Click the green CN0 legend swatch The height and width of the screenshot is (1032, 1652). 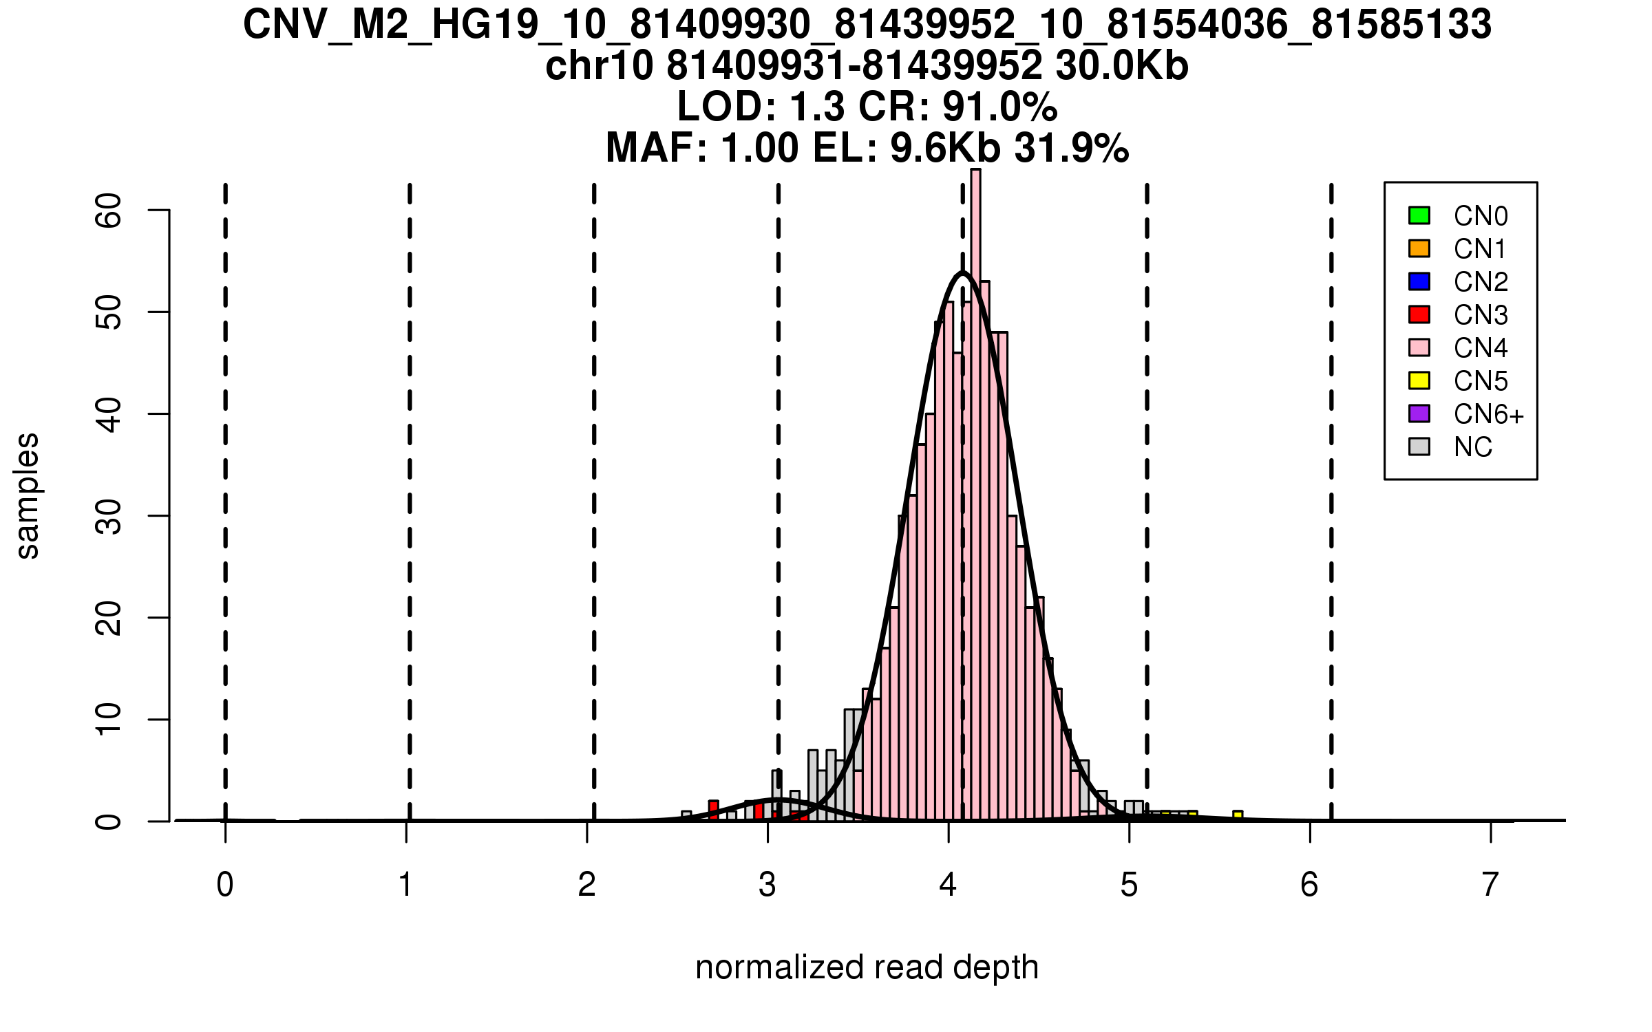[x=1419, y=215]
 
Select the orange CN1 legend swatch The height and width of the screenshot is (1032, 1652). [x=1419, y=248]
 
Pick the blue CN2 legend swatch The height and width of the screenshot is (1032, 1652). [x=1419, y=281]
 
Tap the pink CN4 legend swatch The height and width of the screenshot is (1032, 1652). [x=1419, y=347]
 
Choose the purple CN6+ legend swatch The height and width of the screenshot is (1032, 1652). [x=1419, y=413]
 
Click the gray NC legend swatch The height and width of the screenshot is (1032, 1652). [x=1419, y=447]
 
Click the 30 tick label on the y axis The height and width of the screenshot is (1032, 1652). [x=108, y=516]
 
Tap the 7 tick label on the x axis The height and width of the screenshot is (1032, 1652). [x=1490, y=885]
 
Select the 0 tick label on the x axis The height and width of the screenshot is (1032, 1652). [x=225, y=885]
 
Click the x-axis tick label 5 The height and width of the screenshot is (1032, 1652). [x=1129, y=885]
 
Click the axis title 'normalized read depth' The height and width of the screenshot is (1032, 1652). [x=867, y=967]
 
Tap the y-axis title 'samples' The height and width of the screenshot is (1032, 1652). [x=28, y=495]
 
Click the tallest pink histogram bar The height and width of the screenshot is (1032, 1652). [x=975, y=495]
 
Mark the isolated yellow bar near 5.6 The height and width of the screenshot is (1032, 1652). [x=1238, y=816]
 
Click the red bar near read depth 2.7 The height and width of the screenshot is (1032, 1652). [x=713, y=810]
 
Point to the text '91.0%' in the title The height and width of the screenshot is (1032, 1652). [x=999, y=107]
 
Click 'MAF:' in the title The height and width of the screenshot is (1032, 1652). [x=656, y=148]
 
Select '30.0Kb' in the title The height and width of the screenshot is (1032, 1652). [x=1122, y=66]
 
